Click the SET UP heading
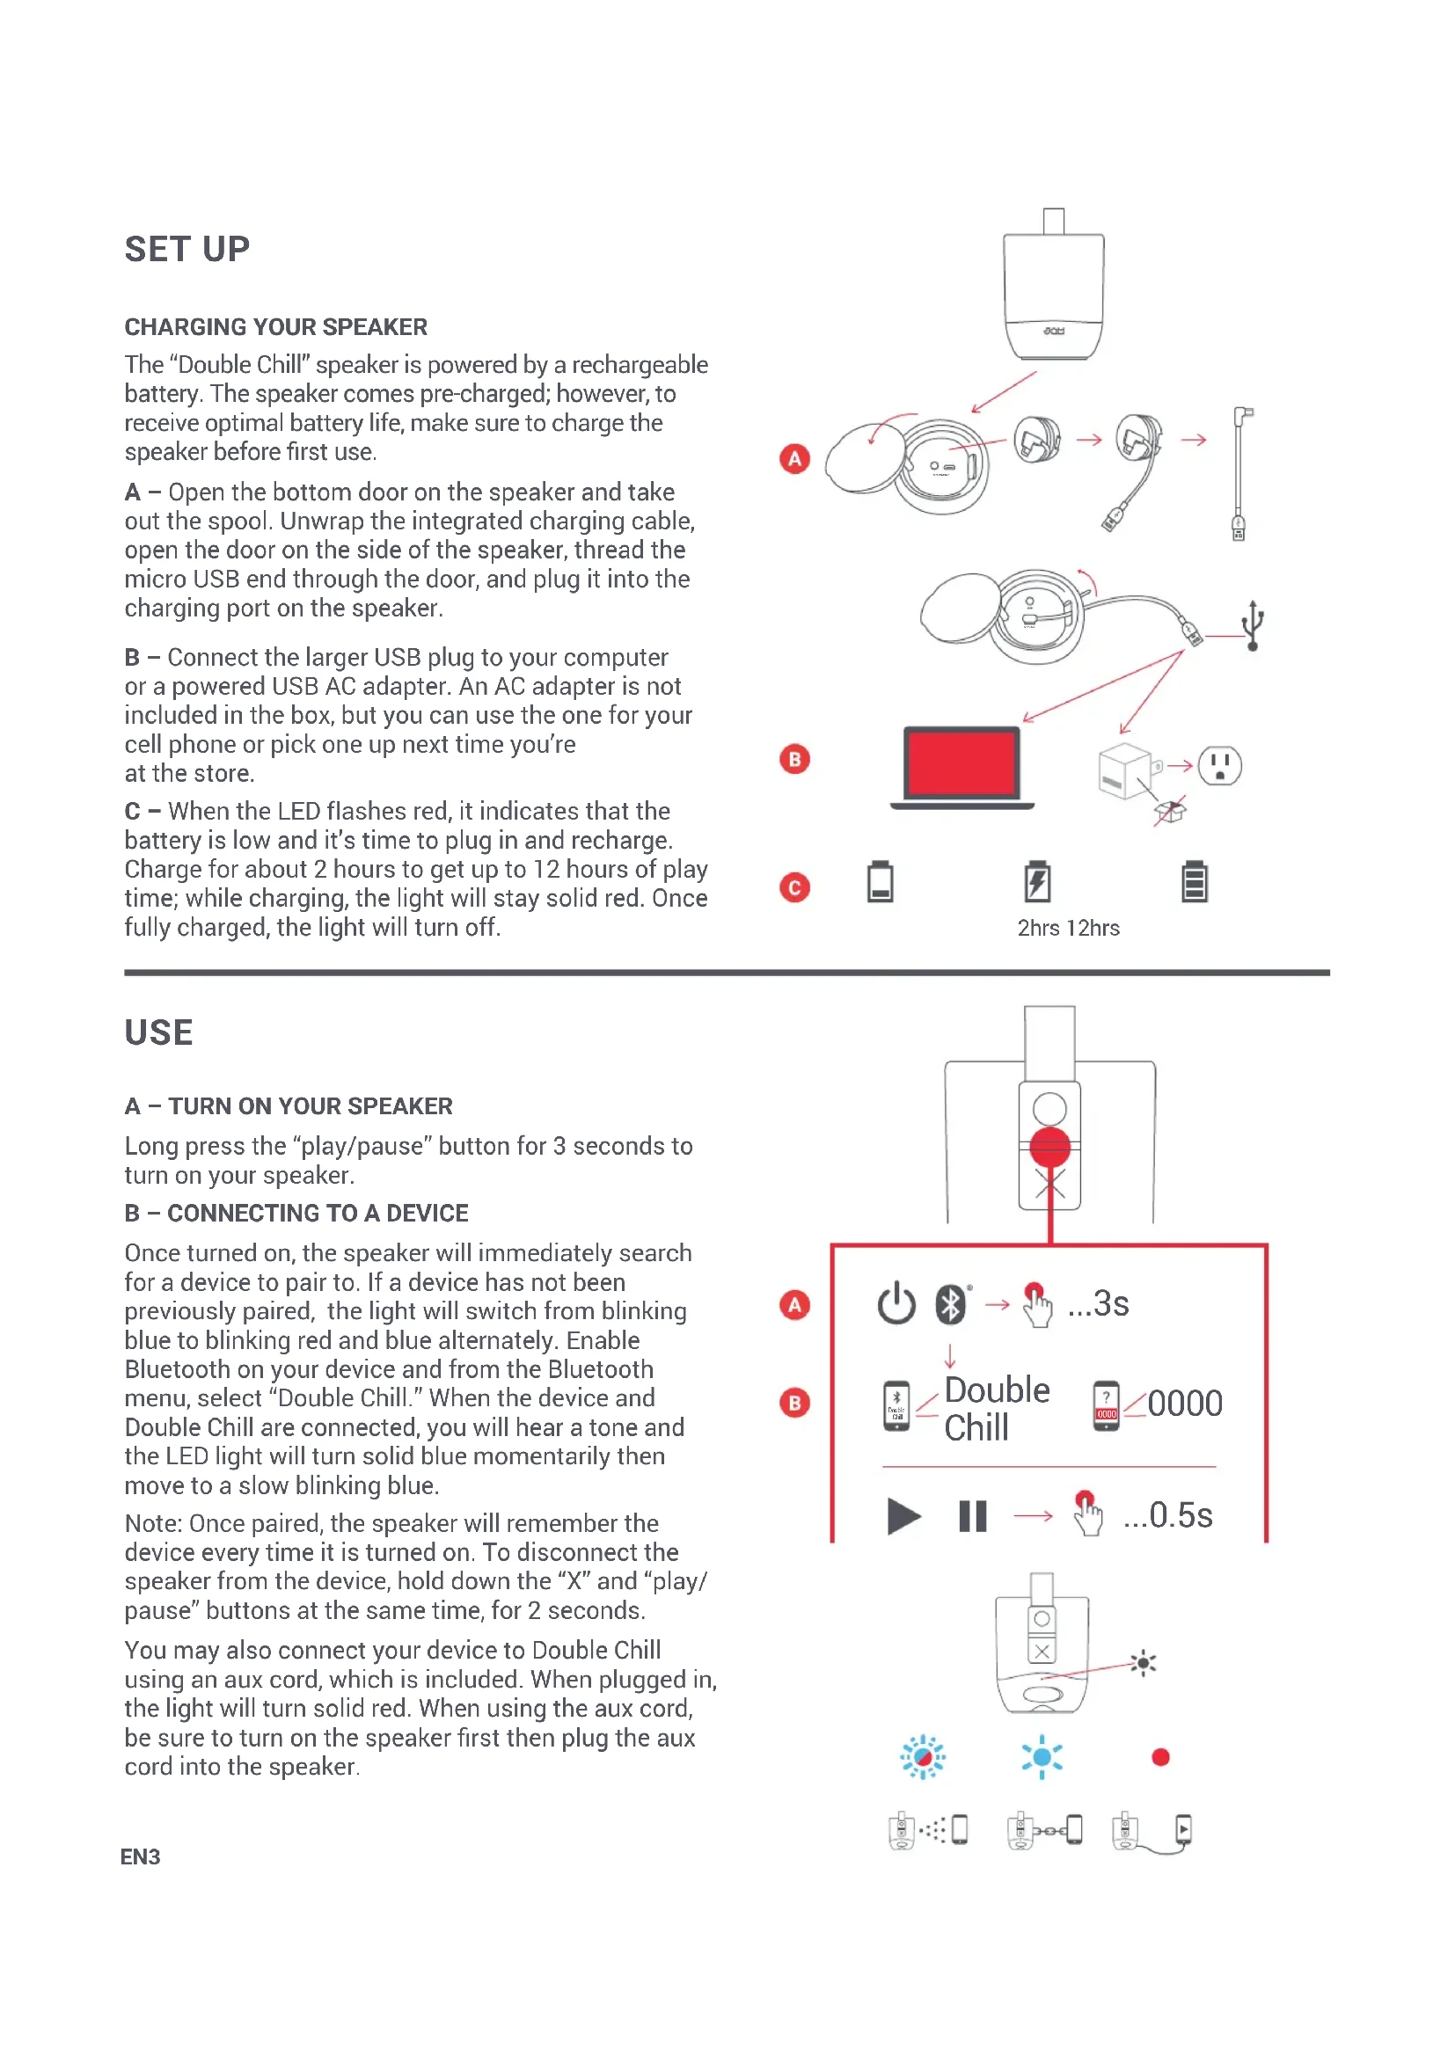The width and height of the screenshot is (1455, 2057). [x=186, y=249]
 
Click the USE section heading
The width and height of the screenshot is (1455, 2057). [x=158, y=1032]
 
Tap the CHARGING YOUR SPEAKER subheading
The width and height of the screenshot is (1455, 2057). [x=275, y=327]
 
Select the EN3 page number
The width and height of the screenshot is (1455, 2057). [x=140, y=1856]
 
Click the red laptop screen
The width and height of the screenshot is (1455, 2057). [x=961, y=762]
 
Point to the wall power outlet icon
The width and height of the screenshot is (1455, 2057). [x=1219, y=766]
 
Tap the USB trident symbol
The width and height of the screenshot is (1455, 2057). [x=1253, y=625]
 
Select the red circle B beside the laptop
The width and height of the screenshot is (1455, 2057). [x=793, y=759]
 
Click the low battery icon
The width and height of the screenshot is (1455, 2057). [x=880, y=881]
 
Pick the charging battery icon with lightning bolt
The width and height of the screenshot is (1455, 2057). [x=1036, y=881]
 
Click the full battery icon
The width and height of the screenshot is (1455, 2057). [x=1194, y=881]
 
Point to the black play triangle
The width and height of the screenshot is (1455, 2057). [x=903, y=1516]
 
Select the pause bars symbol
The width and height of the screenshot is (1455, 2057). [x=972, y=1516]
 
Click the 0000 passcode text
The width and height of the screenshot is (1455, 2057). [x=1184, y=1404]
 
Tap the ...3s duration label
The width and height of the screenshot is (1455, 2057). [x=1099, y=1303]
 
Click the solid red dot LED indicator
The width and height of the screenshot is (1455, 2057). [x=1160, y=1757]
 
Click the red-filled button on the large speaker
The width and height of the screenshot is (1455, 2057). [x=1049, y=1146]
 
